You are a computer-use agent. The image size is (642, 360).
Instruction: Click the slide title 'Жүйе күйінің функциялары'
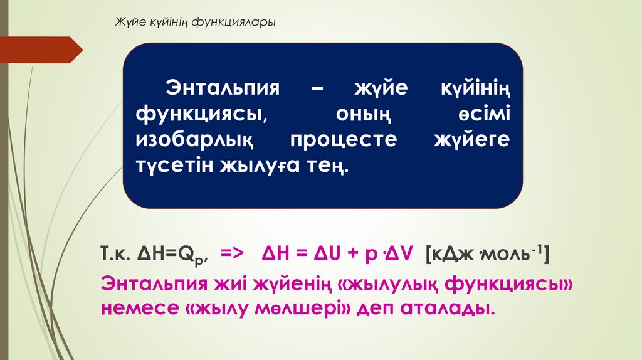point(194,23)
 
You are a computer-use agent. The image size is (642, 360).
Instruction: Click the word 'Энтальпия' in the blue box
point(222,88)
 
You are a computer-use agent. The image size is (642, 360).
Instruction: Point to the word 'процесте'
point(343,140)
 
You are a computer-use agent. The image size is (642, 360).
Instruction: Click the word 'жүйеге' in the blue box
point(472,140)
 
